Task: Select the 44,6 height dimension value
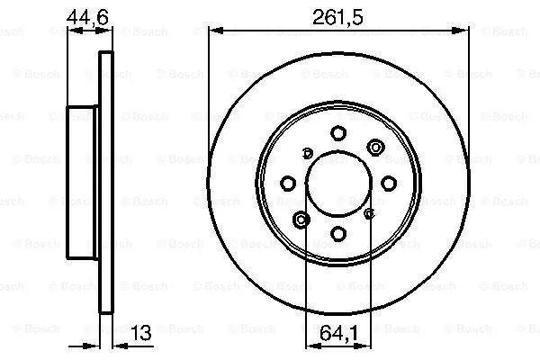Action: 89,15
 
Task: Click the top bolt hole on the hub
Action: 338,132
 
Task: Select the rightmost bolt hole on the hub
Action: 389,183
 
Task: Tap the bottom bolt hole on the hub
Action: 338,233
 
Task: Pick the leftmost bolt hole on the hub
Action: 288,183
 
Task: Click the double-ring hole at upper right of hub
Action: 374,147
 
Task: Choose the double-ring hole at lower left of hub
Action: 302,219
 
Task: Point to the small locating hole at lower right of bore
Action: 369,213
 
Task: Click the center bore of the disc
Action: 338,183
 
